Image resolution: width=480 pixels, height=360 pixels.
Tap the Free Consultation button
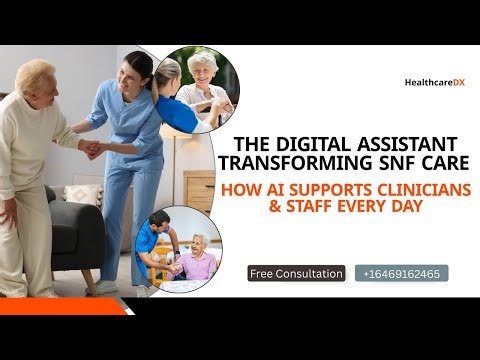(x=295, y=273)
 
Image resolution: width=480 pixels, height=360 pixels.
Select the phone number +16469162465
(x=400, y=273)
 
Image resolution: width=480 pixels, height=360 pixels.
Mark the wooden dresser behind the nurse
(x=200, y=190)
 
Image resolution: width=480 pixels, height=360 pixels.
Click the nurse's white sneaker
(x=106, y=287)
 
